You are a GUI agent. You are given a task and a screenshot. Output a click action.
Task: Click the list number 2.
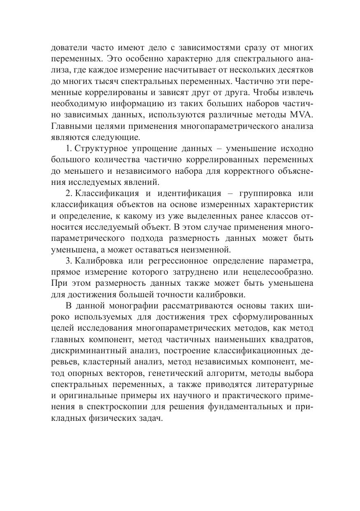[68, 193]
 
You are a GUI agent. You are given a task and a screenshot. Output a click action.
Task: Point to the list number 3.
[68, 261]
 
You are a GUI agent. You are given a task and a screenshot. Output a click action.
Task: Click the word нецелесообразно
[272, 272]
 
